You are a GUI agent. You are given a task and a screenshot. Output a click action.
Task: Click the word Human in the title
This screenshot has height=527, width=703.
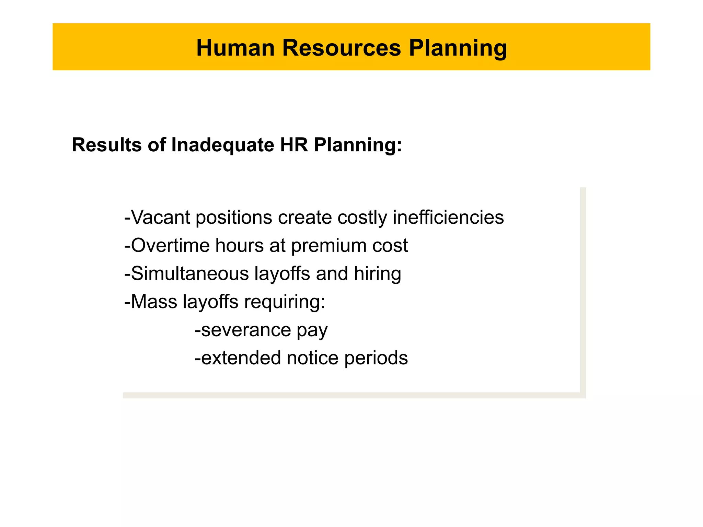click(235, 48)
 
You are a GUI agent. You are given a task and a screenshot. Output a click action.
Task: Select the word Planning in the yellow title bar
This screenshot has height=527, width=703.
click(458, 48)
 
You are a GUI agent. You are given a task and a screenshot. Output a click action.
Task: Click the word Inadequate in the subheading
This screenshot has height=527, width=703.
click(222, 145)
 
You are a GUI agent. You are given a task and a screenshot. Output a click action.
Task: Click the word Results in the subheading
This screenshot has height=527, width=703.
click(106, 145)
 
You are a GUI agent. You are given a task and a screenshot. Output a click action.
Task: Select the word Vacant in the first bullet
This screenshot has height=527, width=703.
click(160, 218)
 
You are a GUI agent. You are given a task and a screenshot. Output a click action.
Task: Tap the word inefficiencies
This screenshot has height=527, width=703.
click(448, 218)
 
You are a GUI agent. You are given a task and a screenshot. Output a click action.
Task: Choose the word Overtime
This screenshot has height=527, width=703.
click(170, 246)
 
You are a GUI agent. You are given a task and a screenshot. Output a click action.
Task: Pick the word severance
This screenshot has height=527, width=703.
click(246, 330)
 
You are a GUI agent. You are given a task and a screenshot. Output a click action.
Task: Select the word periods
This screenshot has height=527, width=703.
click(376, 358)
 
